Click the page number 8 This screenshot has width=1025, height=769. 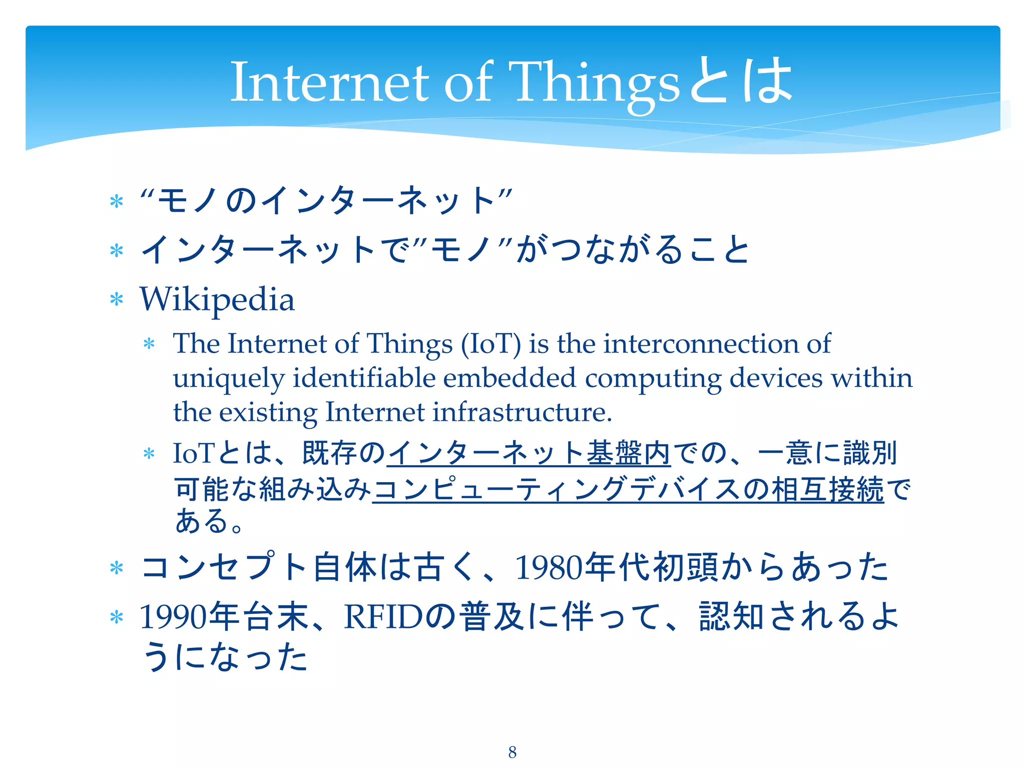[x=512, y=752]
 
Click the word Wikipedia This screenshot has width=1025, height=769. [x=217, y=300]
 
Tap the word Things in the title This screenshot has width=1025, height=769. [x=595, y=83]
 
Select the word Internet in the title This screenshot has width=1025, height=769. [x=330, y=83]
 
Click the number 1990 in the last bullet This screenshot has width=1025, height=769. [x=173, y=617]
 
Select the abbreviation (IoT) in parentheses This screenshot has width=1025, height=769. [x=490, y=344]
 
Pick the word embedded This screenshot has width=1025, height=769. [x=509, y=378]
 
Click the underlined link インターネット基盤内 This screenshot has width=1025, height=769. [x=529, y=453]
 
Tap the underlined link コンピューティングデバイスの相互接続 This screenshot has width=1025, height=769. [x=628, y=489]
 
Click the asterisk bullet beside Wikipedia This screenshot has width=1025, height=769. [x=117, y=300]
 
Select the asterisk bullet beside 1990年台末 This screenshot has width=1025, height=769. [x=117, y=618]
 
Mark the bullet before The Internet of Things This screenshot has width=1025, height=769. [x=149, y=344]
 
